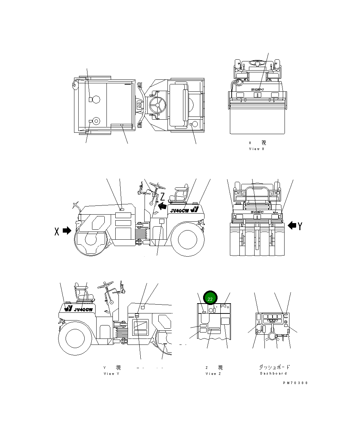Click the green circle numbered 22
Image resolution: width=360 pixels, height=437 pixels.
coord(210,299)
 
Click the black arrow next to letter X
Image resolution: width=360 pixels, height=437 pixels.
coord(67,231)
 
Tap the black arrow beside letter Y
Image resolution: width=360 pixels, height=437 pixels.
coord(292,225)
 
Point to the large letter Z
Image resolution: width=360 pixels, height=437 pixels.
coord(163,196)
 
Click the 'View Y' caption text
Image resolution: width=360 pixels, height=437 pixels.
coord(111,373)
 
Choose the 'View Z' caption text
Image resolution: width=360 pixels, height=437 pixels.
coord(213,373)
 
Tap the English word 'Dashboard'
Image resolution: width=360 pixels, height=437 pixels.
coord(273,373)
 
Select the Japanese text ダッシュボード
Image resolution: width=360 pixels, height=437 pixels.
coord(274,367)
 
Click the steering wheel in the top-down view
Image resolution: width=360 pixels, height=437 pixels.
coord(156,104)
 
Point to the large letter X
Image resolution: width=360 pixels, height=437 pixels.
coord(56,232)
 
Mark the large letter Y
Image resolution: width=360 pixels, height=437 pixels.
coord(300,226)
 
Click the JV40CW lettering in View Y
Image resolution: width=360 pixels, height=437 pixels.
coord(83,310)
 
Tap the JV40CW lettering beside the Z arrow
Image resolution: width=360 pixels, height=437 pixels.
coord(179,211)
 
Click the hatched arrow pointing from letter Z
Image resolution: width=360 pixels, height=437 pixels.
coord(162,206)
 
